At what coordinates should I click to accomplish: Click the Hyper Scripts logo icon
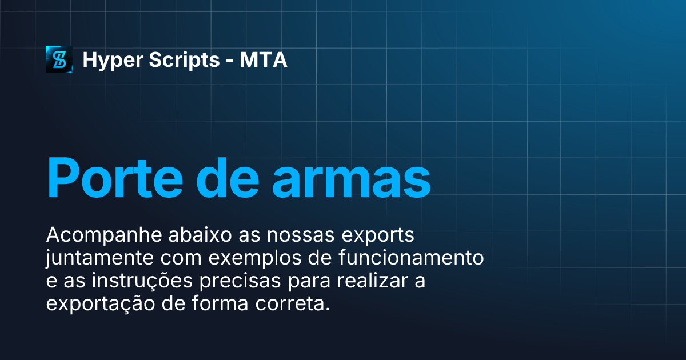[x=59, y=59]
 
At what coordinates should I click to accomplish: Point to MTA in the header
[x=264, y=60]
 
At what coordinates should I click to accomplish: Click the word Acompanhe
[x=91, y=235]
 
